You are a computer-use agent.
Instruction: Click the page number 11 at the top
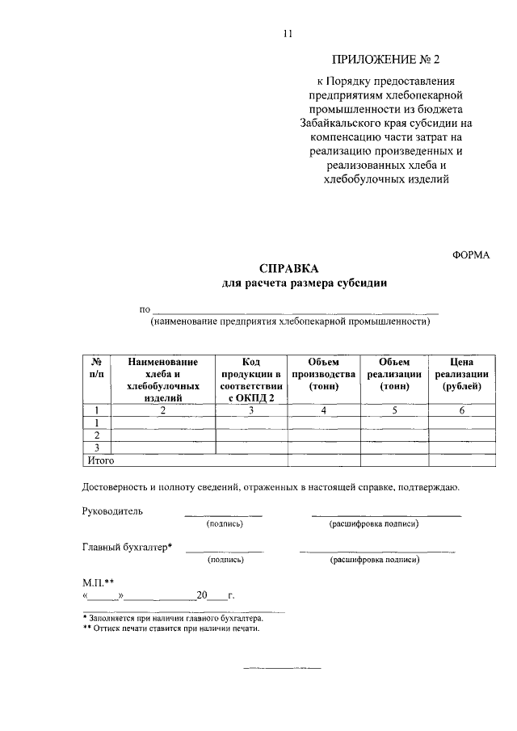pyautogui.click(x=287, y=34)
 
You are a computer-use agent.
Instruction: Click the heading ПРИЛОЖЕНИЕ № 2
pyautogui.click(x=388, y=60)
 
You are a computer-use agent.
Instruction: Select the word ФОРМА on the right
pyautogui.click(x=471, y=254)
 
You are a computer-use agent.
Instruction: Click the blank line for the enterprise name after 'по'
pyautogui.click(x=296, y=310)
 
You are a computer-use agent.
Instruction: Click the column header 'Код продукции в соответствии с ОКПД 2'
pyautogui.click(x=250, y=380)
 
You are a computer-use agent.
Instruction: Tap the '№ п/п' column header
pyautogui.click(x=96, y=368)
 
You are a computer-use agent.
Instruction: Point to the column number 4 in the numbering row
pyautogui.click(x=323, y=411)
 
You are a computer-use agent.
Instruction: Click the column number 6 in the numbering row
pyautogui.click(x=462, y=411)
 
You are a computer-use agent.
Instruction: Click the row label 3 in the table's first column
pyautogui.click(x=97, y=447)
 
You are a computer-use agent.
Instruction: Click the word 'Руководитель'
pyautogui.click(x=112, y=511)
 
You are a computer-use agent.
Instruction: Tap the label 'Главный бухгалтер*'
pyautogui.click(x=128, y=547)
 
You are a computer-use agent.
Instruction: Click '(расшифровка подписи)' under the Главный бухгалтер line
pyautogui.click(x=374, y=559)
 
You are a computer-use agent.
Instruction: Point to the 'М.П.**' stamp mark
pyautogui.click(x=99, y=581)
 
